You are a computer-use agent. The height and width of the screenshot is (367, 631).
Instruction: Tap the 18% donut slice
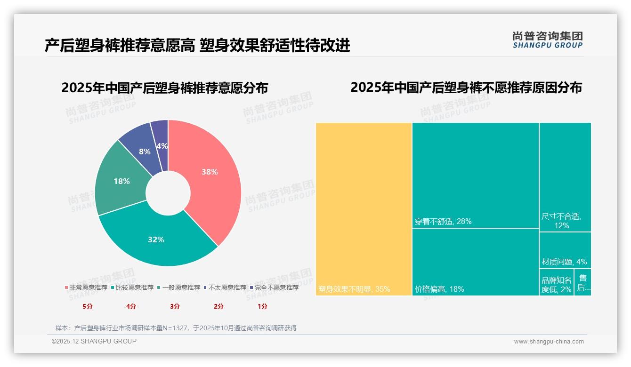point(121,181)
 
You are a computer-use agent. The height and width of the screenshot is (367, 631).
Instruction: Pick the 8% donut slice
point(144,152)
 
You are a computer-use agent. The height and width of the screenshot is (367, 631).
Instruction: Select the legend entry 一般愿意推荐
point(181,287)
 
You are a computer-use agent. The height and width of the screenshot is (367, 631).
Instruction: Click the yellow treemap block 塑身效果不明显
point(364,209)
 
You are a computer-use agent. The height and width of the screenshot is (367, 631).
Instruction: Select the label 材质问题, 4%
point(564,262)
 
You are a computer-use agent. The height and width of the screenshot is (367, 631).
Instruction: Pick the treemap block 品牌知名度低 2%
point(556,285)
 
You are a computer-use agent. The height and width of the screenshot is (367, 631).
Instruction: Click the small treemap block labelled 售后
point(583,283)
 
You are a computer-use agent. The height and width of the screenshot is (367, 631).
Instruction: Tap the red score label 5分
point(88,306)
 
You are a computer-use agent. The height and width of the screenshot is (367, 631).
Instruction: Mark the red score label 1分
point(262,306)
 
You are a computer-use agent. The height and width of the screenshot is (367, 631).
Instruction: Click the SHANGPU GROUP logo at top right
point(547,40)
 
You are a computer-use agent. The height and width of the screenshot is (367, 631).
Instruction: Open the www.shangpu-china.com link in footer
point(549,342)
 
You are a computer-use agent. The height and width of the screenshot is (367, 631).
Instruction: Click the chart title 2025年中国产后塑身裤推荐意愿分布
point(164,88)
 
